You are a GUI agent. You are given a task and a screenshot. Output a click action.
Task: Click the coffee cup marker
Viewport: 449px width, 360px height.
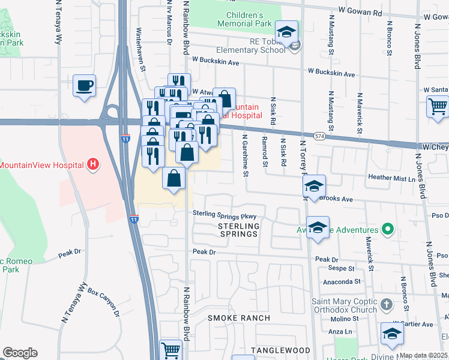[x=84, y=85]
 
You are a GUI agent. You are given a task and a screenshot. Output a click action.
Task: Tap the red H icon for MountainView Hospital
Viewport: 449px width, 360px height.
[x=93, y=164]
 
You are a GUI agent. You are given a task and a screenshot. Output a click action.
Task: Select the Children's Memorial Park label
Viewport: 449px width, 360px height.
[x=245, y=19]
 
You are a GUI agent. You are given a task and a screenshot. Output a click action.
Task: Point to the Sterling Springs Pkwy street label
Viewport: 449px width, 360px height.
[x=224, y=215]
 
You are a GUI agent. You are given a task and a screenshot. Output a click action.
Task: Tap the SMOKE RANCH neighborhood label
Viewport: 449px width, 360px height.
[x=239, y=317]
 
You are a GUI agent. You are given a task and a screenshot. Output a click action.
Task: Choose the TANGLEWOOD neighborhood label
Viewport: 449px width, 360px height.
[x=280, y=350]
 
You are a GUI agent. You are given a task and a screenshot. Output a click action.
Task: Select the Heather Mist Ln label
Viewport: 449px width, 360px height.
[x=392, y=178]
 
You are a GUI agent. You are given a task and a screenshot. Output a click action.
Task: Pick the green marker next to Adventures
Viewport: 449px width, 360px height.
[x=388, y=229]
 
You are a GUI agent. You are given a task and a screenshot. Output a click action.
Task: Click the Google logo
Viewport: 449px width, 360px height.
[x=20, y=353]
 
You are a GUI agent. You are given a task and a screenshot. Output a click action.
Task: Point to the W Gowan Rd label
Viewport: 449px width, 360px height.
[x=360, y=11]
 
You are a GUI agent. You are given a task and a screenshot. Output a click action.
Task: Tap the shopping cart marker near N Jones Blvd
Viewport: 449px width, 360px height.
[x=438, y=106]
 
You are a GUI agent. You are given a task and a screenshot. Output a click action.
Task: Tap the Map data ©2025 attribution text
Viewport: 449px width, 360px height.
[x=423, y=355]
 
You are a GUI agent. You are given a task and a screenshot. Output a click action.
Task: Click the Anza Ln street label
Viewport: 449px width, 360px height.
[x=340, y=331]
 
